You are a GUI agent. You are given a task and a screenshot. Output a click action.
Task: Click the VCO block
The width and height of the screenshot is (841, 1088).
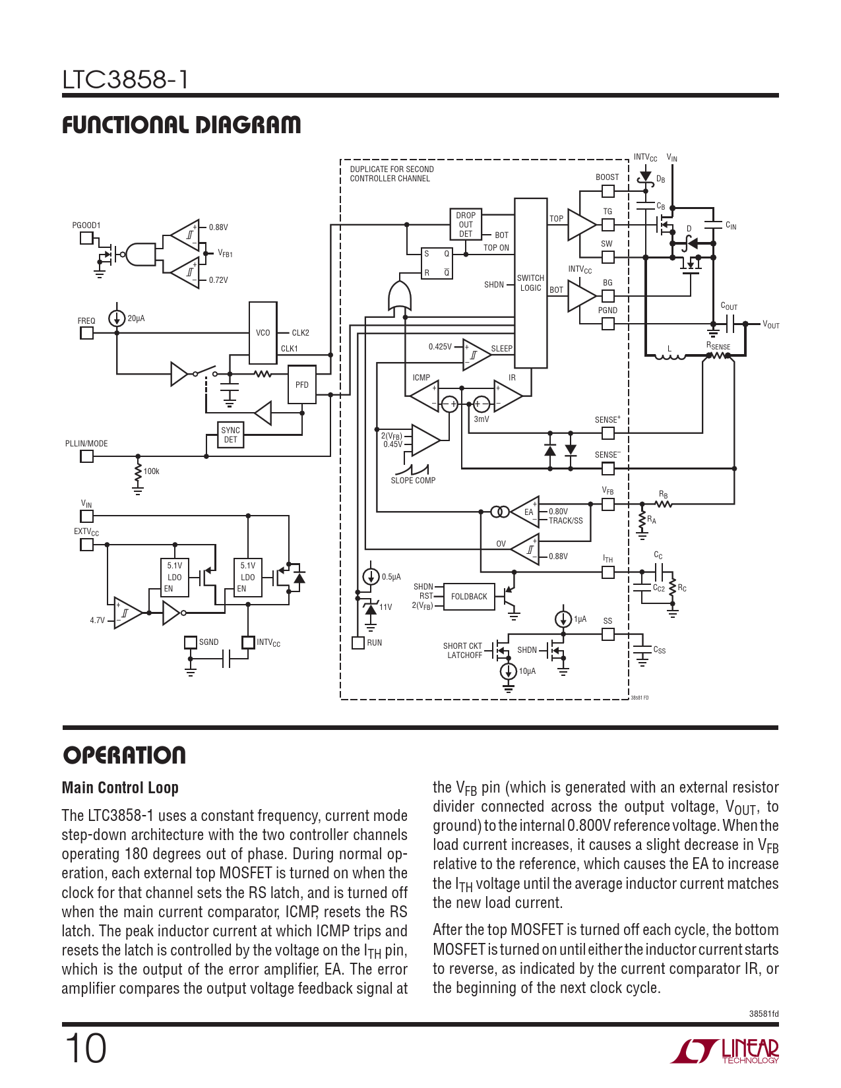[x=263, y=332]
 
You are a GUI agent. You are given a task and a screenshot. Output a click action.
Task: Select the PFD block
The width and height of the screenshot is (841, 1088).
[x=301, y=384]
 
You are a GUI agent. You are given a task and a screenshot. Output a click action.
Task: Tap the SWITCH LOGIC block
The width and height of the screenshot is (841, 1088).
[x=530, y=283]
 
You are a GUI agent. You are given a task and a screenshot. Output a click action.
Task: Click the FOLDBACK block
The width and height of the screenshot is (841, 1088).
[x=469, y=597]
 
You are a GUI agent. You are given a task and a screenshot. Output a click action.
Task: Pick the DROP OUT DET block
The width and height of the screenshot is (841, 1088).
[x=466, y=225]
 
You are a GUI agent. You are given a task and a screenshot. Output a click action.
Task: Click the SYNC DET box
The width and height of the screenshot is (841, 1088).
[x=230, y=435]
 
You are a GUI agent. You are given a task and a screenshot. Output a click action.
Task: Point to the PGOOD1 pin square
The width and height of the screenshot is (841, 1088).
[x=86, y=238]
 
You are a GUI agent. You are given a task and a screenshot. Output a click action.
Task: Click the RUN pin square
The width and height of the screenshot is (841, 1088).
[x=358, y=643]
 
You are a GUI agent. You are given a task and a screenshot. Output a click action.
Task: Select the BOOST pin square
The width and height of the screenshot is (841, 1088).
[x=607, y=191]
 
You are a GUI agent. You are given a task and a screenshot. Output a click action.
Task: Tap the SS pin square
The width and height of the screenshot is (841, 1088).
[x=607, y=634]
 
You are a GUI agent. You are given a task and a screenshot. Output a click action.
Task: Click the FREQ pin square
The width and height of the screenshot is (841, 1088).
[x=86, y=333]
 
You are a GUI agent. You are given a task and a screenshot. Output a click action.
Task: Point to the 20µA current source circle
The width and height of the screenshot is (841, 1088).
[x=117, y=318]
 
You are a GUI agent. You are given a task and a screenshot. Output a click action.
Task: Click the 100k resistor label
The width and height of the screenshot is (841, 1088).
[x=152, y=471]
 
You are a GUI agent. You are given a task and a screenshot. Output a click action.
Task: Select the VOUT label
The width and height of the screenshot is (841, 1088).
[x=770, y=324]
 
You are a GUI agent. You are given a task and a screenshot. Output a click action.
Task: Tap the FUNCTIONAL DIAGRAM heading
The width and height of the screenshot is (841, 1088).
[x=181, y=125]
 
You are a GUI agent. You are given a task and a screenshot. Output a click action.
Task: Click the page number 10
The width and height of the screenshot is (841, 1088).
[x=85, y=1048]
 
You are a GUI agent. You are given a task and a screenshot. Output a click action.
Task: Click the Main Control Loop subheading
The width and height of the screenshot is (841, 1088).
[x=120, y=788]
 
